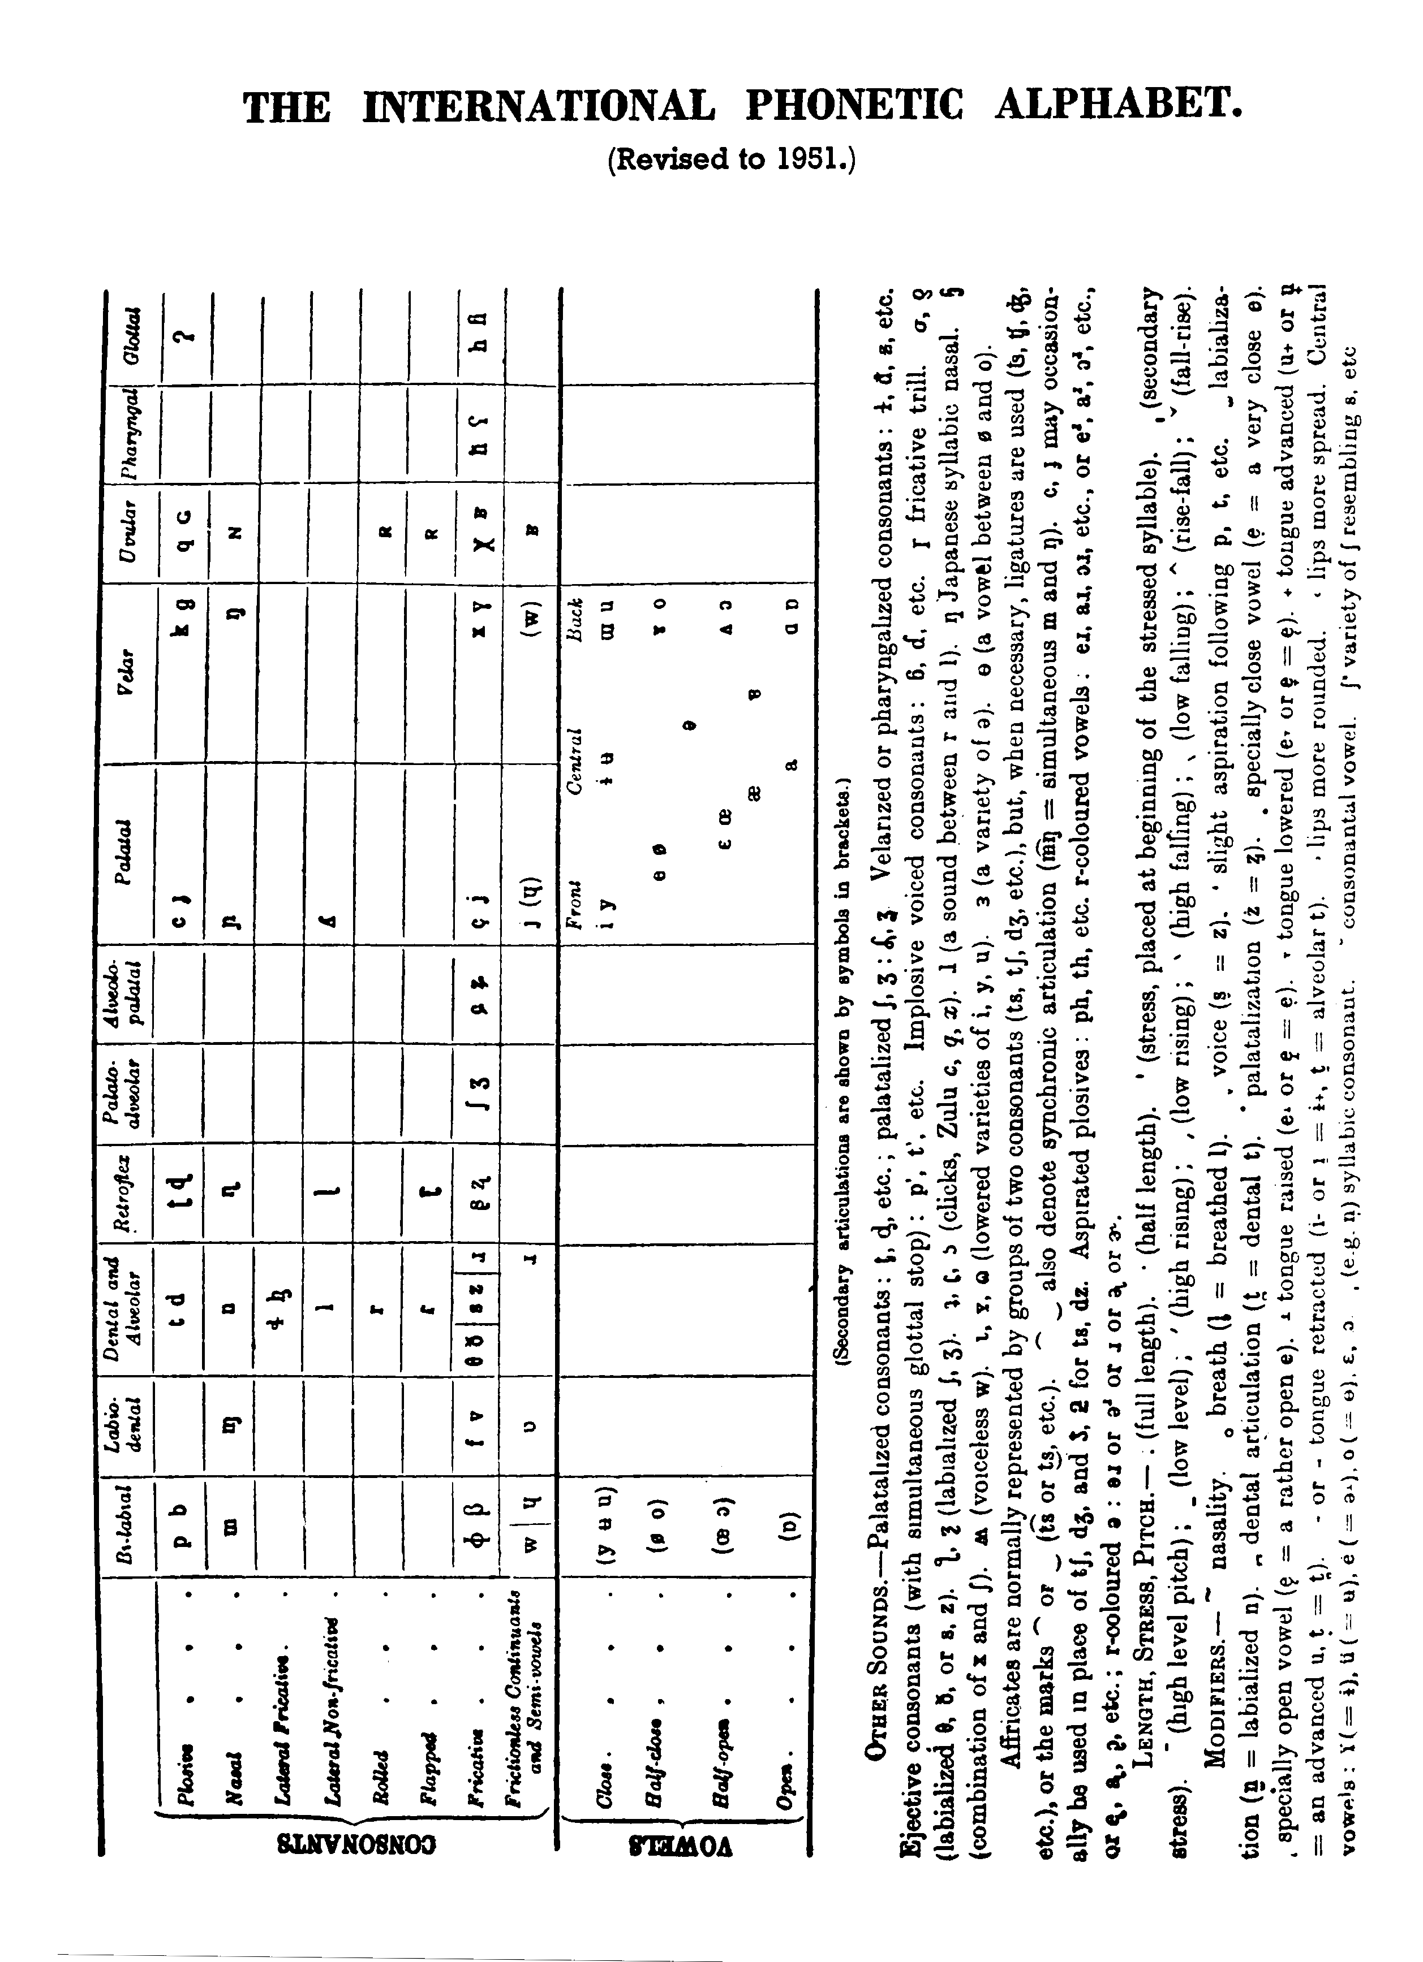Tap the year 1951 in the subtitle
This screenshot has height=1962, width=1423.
pos(809,159)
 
